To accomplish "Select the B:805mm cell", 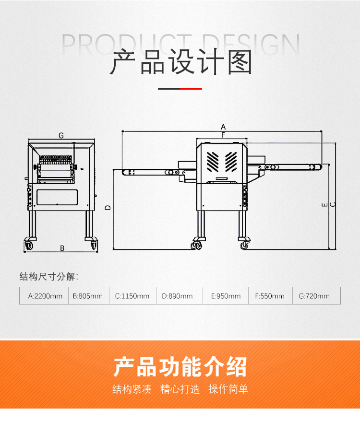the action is coord(89,296).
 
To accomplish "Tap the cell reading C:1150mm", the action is coord(132,296).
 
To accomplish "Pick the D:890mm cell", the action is coord(180,296).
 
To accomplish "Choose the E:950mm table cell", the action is coord(226,296).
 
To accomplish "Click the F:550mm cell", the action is coord(270,296).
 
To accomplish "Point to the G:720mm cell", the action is coord(316,296).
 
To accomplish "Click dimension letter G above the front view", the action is coord(61,136).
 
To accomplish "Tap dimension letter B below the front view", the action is coord(62,248).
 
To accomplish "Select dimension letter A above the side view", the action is coord(223,127).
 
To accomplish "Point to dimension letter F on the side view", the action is coord(223,135).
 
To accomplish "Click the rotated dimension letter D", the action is coord(108,208).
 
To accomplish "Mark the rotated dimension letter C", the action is coord(333,205).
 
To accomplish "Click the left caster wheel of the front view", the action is coord(28,246).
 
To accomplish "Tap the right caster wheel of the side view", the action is coord(244,245).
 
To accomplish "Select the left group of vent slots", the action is coord(213,162).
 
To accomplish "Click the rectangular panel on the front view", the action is coord(57,198).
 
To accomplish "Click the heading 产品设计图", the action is coord(181,62).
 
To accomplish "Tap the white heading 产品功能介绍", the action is coord(180,367).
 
